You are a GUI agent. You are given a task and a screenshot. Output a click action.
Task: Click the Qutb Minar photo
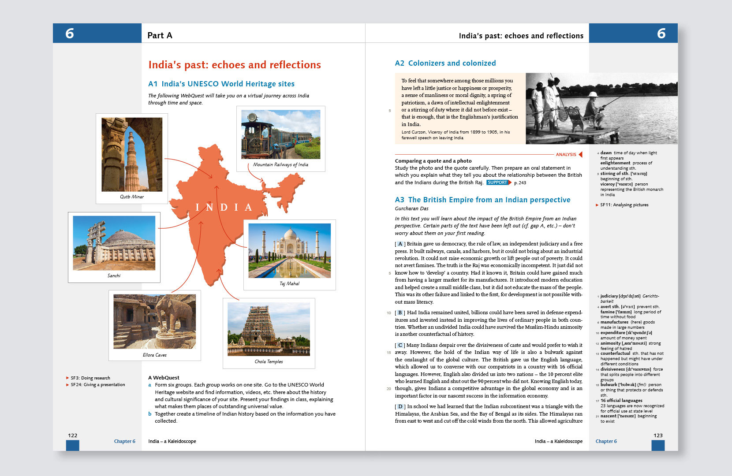coord(132,154)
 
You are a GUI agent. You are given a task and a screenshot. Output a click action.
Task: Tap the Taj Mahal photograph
coord(289,250)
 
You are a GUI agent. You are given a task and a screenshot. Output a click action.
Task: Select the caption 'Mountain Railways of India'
coord(280,165)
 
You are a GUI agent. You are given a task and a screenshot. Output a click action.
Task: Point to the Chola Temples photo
coord(269,329)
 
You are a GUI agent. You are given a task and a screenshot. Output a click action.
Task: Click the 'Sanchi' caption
coord(114,276)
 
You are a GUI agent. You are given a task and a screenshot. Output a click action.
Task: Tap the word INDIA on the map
coord(224,208)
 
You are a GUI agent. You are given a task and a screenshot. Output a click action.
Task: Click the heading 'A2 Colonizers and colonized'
coord(445,63)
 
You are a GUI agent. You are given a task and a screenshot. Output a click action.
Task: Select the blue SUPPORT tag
coord(498,182)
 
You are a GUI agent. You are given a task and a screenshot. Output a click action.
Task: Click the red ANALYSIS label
coord(566,155)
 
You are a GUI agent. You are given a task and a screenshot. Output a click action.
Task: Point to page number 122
coord(73,435)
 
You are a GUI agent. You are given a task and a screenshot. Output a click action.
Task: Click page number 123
coord(658,435)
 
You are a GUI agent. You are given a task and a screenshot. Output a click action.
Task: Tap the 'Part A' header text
coord(160,36)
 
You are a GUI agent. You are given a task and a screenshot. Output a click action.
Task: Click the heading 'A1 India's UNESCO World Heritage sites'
coord(221,84)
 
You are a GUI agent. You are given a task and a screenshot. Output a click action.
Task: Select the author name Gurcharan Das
coord(411,209)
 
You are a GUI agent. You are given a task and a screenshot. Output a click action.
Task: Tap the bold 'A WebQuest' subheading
coord(164,378)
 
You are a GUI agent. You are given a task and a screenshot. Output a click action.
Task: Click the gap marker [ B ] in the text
coord(400,313)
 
